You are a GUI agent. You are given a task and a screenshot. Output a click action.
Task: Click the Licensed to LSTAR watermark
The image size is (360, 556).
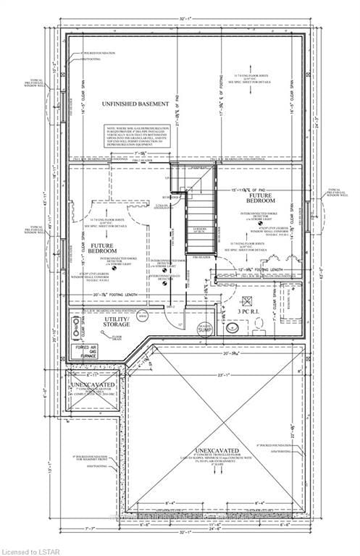pos(26,551)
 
